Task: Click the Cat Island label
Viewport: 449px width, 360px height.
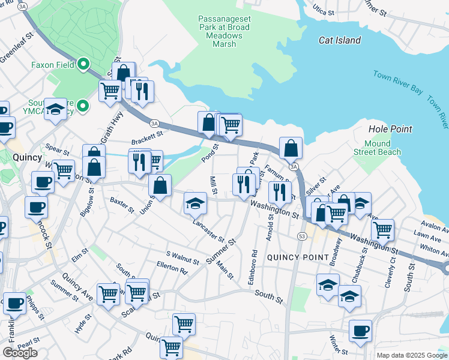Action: pyautogui.click(x=340, y=40)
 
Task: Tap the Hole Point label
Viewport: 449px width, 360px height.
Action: pyautogui.click(x=390, y=129)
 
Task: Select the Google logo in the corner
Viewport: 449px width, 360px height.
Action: pyautogui.click(x=19, y=352)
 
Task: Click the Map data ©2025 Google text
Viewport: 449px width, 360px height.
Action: pyautogui.click(x=411, y=355)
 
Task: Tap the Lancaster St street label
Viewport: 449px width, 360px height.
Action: pyautogui.click(x=208, y=230)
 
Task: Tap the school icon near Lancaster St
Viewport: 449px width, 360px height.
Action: pyautogui.click(x=195, y=203)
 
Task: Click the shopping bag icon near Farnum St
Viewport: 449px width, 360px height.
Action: pyautogui.click(x=291, y=148)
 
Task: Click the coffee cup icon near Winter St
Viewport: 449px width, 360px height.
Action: pyautogui.click(x=360, y=331)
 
